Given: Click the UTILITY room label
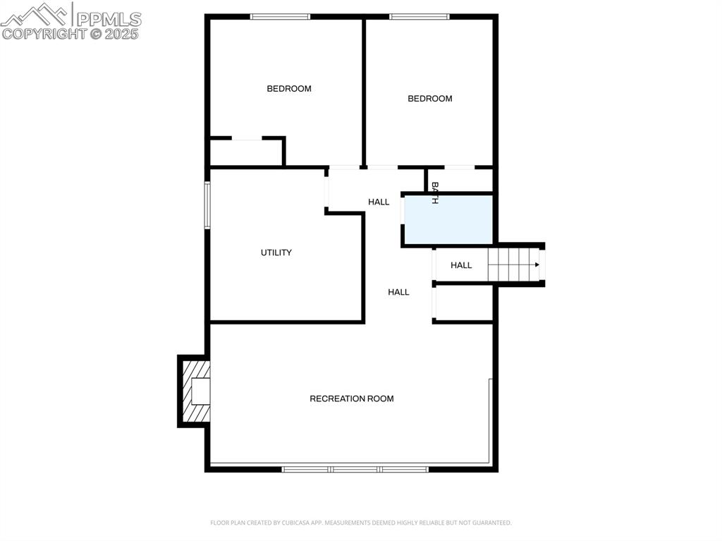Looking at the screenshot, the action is (276, 253).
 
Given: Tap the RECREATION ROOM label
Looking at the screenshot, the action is (351, 399).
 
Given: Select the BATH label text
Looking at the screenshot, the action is (434, 193).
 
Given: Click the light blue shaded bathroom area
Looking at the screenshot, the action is (448, 219).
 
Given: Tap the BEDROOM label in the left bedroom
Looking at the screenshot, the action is (288, 88).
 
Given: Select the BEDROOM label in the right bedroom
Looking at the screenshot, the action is (429, 99).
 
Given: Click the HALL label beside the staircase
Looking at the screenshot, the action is (461, 265).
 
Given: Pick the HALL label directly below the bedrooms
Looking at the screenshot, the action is (379, 202).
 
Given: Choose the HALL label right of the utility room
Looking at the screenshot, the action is (398, 292).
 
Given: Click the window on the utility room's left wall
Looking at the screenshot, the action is (207, 205).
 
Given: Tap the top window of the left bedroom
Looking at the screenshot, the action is (280, 17).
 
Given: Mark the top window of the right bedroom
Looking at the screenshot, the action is (419, 17).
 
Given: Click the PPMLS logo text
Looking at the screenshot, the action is (109, 19).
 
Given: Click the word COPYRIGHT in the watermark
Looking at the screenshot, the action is (44, 34).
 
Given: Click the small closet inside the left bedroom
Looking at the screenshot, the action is (246, 152).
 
